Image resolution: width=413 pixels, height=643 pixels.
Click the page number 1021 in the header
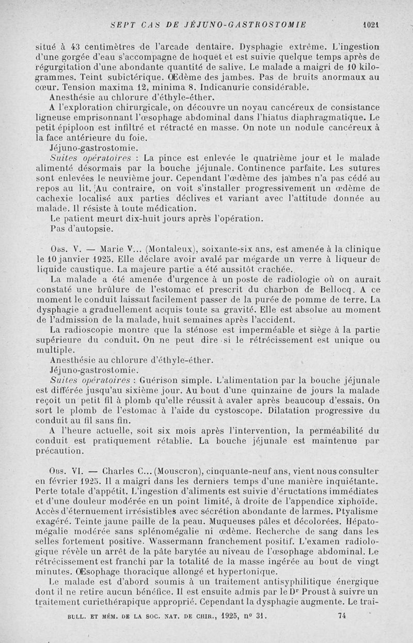click(371, 24)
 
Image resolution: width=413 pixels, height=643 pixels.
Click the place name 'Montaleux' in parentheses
click(176, 249)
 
